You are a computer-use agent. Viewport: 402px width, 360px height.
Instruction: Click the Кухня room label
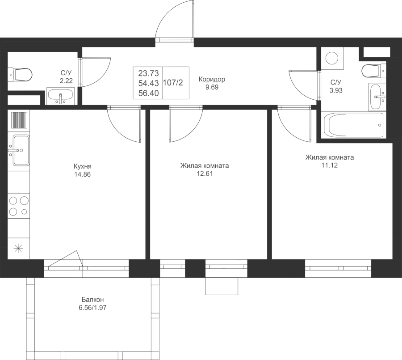82,166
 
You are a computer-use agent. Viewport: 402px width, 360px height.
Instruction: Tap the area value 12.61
205,174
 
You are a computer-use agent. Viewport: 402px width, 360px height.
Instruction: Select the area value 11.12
330,165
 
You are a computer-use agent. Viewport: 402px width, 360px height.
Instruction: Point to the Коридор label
212,79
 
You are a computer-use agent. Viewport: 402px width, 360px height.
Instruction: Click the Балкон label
92,300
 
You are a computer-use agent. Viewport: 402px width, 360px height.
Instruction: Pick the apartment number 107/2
173,83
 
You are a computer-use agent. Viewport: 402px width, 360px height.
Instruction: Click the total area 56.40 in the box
148,93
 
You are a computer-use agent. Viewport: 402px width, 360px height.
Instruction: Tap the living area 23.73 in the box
148,73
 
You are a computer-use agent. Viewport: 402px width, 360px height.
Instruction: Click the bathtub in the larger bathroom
354,125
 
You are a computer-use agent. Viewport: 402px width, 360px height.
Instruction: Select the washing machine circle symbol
332,58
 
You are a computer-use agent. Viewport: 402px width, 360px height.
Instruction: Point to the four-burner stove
19,206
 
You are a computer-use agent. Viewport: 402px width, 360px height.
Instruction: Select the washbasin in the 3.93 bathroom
377,97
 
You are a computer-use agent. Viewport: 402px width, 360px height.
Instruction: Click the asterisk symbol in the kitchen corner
18,248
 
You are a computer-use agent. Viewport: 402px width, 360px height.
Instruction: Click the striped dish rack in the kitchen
19,120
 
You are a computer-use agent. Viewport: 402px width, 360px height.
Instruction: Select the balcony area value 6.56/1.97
92,308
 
